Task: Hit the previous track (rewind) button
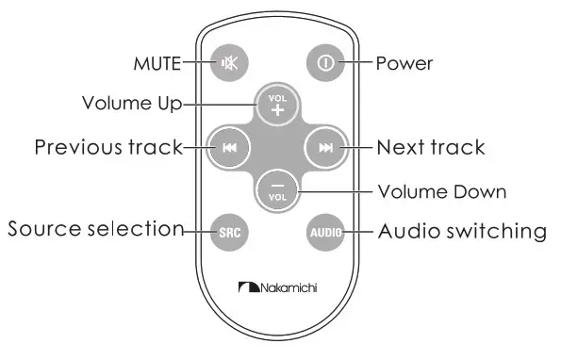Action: coord(230,147)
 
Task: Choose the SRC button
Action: coord(229,231)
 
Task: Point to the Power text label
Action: coord(404,64)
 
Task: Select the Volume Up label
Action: coord(130,102)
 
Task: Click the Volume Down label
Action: coord(441,191)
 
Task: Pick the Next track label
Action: coord(430,147)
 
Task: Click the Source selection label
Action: coord(95,229)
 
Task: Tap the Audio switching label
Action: coord(462,230)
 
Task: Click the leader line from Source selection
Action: coord(196,231)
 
